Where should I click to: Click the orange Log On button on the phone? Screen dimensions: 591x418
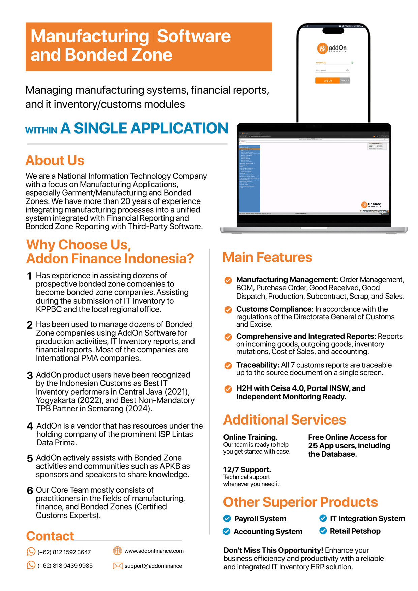point(327,81)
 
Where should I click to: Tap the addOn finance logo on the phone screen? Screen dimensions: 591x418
point(332,49)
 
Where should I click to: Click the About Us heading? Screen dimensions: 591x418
point(55,160)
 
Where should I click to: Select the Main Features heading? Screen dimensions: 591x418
point(267,257)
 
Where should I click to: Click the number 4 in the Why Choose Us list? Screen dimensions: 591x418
point(30,426)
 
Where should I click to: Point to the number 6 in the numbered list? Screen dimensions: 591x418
point(30,490)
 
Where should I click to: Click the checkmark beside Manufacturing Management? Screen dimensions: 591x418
point(228,280)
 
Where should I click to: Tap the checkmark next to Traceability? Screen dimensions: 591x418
point(228,365)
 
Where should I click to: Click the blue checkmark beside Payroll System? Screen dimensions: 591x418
point(227,518)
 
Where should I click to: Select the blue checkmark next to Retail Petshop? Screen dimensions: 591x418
point(323,531)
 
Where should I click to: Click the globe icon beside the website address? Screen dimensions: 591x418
point(117,551)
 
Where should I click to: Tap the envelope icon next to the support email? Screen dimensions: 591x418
point(118,566)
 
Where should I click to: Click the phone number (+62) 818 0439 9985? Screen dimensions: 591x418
point(65,566)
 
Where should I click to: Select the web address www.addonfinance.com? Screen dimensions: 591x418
point(154,551)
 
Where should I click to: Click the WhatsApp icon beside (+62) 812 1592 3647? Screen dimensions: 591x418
point(31,552)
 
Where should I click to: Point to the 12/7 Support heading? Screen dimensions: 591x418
point(247,470)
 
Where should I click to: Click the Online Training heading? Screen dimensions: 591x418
point(250,437)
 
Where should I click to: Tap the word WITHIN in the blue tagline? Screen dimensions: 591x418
point(41,130)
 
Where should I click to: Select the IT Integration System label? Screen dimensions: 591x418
point(367,518)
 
